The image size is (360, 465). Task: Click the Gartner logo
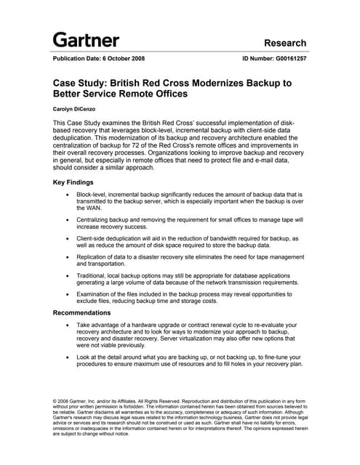click(x=86, y=39)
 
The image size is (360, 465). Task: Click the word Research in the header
click(x=285, y=43)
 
